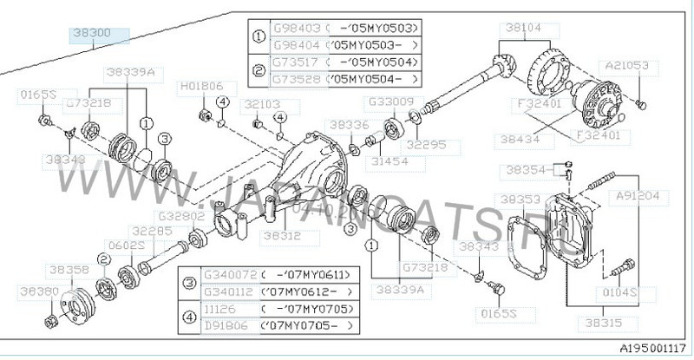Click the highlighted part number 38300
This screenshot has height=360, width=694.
pyautogui.click(x=100, y=36)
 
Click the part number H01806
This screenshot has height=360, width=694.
pyautogui.click(x=200, y=87)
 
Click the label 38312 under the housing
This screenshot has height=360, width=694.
pyautogui.click(x=281, y=233)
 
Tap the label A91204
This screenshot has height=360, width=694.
pyautogui.click(x=637, y=196)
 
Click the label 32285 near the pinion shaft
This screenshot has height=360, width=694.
pyautogui.click(x=151, y=231)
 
